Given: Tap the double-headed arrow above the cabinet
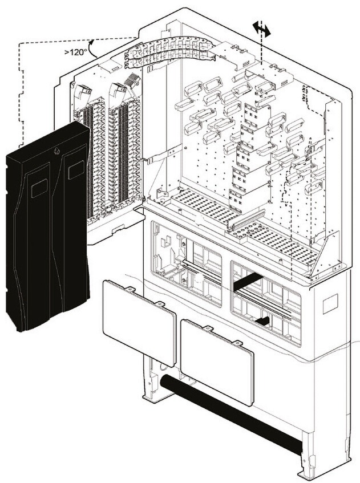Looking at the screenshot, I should pyautogui.click(x=261, y=29).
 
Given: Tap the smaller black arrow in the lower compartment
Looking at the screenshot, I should pyautogui.click(x=262, y=322).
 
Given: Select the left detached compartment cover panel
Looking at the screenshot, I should pyautogui.click(x=139, y=322).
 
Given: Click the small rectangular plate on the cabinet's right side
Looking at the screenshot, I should pyautogui.click(x=330, y=305).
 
